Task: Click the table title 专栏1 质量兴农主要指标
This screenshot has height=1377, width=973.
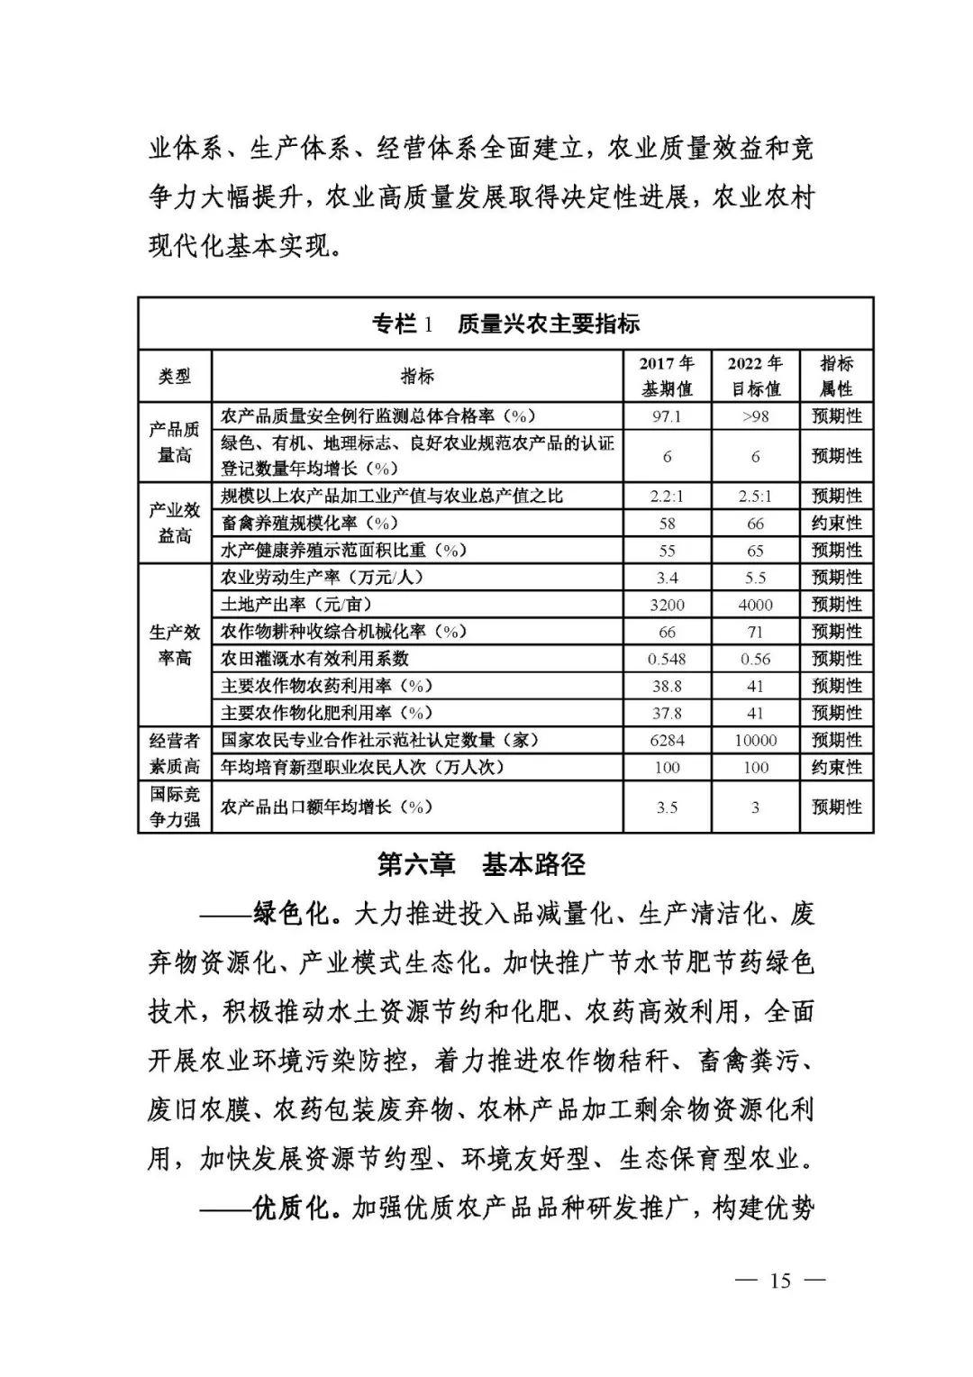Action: click(x=505, y=324)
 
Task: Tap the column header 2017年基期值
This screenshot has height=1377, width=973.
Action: click(x=667, y=377)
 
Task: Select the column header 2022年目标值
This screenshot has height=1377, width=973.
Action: click(x=755, y=377)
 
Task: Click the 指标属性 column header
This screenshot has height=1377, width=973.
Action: click(x=836, y=377)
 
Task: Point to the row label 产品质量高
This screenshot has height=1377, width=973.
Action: click(x=174, y=442)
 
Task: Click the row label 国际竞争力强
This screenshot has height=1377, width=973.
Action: click(x=174, y=807)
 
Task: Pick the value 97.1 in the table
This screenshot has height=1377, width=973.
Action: click(x=667, y=416)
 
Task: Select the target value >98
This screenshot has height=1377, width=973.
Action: click(x=755, y=416)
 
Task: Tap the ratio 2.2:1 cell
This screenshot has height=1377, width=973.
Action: click(x=667, y=496)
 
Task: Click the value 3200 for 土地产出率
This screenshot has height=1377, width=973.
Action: click(x=667, y=605)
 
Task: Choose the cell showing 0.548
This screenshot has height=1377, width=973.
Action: click(x=667, y=659)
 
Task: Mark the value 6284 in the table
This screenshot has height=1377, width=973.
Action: click(x=667, y=740)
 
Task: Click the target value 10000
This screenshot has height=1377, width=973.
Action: click(x=755, y=740)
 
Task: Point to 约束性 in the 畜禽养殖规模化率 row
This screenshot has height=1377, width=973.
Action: click(x=836, y=523)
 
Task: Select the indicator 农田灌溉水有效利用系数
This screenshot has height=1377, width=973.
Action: click(x=314, y=659)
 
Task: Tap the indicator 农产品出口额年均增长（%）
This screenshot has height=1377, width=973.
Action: click(x=327, y=807)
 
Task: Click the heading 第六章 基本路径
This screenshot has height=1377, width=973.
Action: click(x=481, y=864)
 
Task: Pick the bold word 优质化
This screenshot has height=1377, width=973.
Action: click(x=293, y=1208)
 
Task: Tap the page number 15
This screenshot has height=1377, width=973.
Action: click(x=780, y=1281)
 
